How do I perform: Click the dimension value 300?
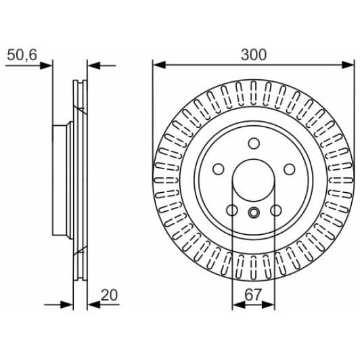click(254, 53)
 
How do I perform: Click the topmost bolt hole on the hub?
click(254, 143)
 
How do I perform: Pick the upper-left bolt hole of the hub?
click(219, 169)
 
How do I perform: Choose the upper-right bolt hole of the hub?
click(289, 169)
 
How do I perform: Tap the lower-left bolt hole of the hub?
click(232, 210)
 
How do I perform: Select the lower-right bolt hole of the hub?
click(275, 210)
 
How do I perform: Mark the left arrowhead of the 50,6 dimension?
click(46, 66)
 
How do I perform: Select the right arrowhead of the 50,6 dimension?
click(94, 66)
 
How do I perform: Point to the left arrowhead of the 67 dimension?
click(237, 305)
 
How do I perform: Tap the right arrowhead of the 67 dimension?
click(271, 305)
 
